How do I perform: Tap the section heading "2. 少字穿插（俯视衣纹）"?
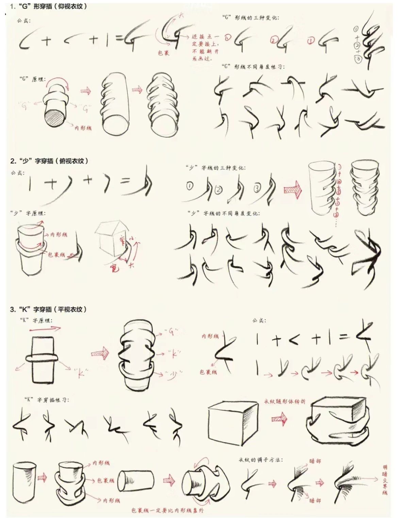(49, 161)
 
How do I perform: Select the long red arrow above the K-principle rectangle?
(45, 329)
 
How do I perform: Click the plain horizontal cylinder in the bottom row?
(136, 480)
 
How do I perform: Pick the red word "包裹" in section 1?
(164, 53)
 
